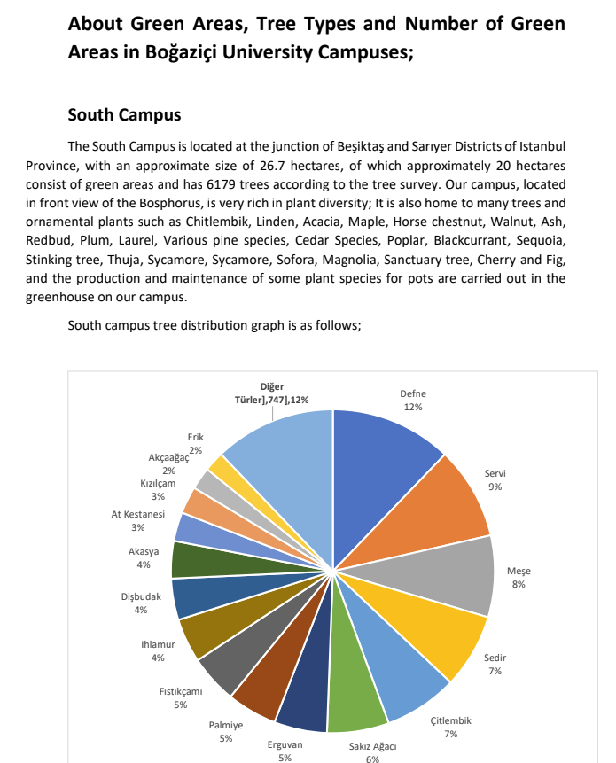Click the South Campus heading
tap(124, 115)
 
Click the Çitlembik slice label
tap(450, 721)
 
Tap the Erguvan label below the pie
tap(285, 745)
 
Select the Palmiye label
tap(226, 726)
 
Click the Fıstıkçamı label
tap(181, 692)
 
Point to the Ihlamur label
tap(158, 644)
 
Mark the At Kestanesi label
tap(138, 515)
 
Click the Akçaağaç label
tap(168, 458)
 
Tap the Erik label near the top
tap(196, 437)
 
